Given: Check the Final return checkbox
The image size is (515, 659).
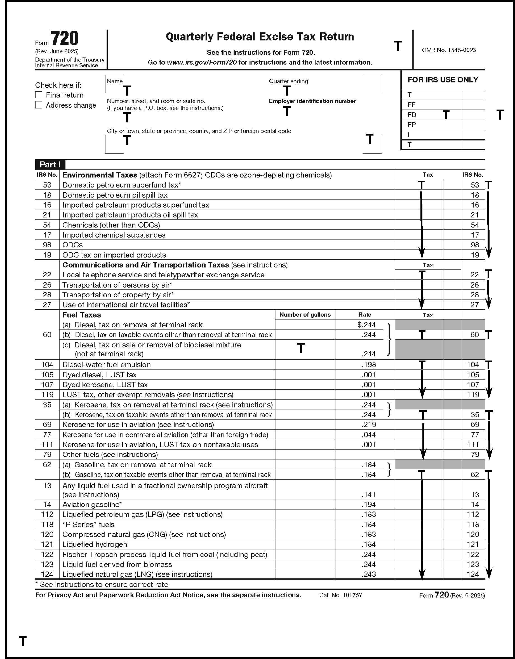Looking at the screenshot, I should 39,95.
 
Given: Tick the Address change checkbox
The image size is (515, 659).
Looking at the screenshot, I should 39,105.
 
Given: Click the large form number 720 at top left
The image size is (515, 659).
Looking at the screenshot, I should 65,38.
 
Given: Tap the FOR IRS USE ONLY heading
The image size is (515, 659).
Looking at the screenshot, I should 443,80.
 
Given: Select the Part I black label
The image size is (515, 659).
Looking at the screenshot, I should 50,164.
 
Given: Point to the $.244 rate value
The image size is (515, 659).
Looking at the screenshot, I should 366,325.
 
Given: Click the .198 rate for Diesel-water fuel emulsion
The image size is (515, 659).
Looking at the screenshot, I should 368,364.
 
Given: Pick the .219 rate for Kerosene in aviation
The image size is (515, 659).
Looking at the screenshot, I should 368,425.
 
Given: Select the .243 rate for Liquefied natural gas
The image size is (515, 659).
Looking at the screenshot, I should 368,574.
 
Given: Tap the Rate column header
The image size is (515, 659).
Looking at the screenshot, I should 365,315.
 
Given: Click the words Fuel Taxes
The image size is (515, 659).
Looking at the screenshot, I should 82,315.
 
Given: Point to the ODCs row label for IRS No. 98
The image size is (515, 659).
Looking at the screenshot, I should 72,245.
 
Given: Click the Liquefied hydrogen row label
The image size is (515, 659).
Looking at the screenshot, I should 95,544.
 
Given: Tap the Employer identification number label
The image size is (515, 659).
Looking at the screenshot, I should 312,101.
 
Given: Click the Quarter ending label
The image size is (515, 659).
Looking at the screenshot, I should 288,81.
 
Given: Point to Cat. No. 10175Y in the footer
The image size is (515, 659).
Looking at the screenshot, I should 340,595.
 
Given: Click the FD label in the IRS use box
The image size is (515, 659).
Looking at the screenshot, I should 412,115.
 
